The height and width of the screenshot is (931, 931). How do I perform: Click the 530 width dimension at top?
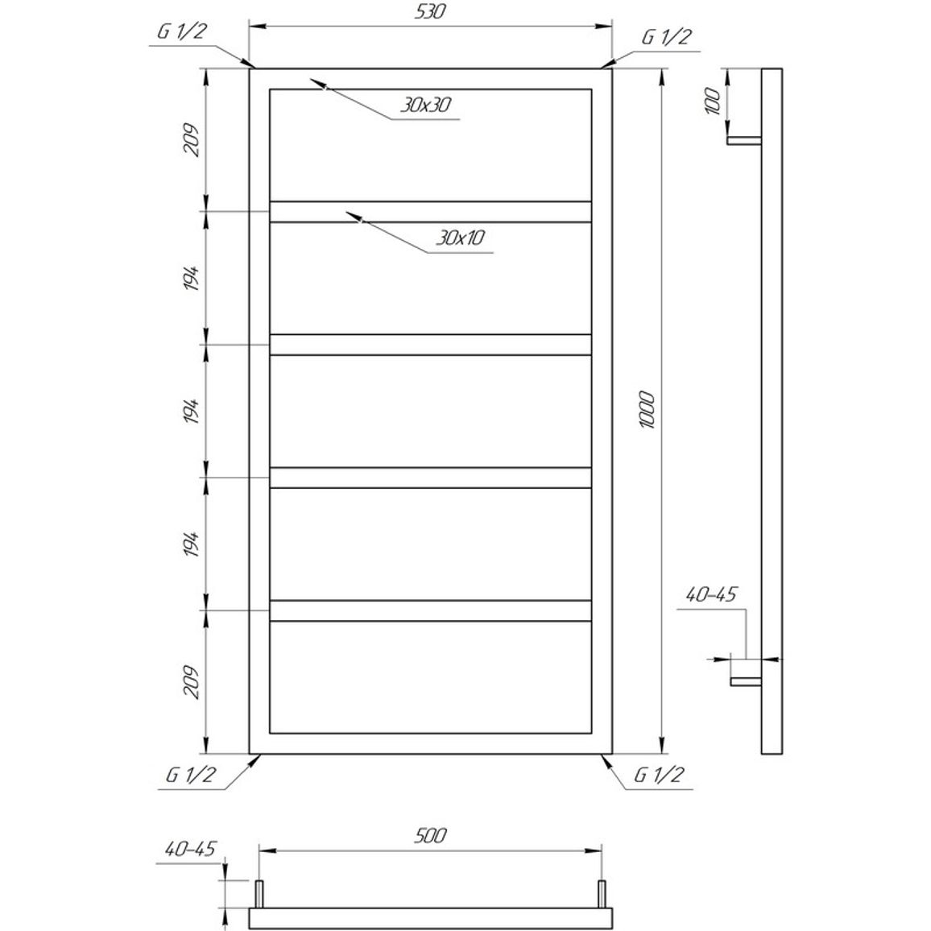pyautogui.click(x=431, y=12)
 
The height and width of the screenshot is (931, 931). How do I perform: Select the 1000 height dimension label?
pyautogui.click(x=647, y=410)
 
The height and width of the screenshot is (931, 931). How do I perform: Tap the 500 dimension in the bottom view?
pyautogui.click(x=431, y=835)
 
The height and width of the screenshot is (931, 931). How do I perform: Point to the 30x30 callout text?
pyautogui.click(x=425, y=105)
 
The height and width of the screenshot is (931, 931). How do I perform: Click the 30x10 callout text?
pyautogui.click(x=460, y=238)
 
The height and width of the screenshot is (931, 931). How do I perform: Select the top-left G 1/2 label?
pyautogui.click(x=182, y=31)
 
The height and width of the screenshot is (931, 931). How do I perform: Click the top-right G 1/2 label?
pyautogui.click(x=666, y=37)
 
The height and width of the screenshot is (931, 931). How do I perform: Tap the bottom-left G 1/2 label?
pyautogui.click(x=191, y=775)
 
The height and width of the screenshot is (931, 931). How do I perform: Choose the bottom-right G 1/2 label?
pyautogui.click(x=659, y=775)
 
